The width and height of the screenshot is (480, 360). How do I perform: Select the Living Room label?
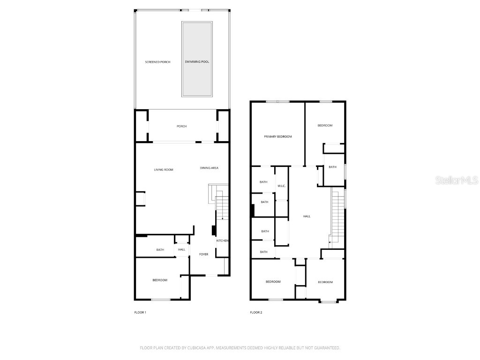(x=164, y=169)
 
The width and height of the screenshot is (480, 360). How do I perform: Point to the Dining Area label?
(x=209, y=168)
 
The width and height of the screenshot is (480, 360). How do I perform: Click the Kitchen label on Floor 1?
(x=222, y=240)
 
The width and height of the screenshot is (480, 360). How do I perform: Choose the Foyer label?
(x=203, y=254)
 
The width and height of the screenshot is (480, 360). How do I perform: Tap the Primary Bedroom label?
(x=278, y=136)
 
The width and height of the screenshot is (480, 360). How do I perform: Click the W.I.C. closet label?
(x=282, y=186)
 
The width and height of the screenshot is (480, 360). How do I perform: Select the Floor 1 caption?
(x=140, y=312)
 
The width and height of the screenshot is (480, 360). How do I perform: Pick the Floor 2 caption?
(x=256, y=312)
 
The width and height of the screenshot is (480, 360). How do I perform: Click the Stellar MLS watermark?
(x=457, y=180)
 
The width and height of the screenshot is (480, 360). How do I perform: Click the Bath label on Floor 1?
(x=160, y=250)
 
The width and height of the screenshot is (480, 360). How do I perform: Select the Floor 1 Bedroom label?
(x=160, y=280)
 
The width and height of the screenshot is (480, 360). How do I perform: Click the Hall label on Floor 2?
(x=307, y=216)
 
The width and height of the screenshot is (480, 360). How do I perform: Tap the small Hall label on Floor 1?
(x=181, y=249)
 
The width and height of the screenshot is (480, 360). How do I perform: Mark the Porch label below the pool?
(x=181, y=126)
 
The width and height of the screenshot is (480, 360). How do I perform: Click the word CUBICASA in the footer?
(x=188, y=348)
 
